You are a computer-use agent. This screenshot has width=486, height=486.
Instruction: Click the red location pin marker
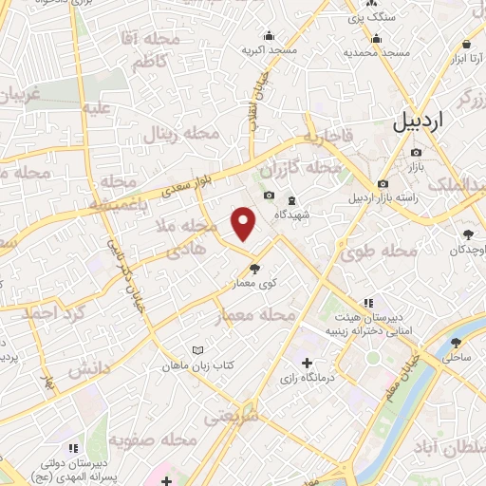(x=244, y=224)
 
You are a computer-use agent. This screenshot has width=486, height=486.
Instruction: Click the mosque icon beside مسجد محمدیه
(x=377, y=39)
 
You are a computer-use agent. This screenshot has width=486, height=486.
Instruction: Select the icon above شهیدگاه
(x=291, y=199)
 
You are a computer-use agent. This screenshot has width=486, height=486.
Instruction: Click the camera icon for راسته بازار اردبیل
(x=383, y=183)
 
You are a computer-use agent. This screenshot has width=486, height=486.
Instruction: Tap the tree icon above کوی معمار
(x=253, y=268)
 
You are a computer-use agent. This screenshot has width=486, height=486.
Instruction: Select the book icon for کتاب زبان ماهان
(x=197, y=350)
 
